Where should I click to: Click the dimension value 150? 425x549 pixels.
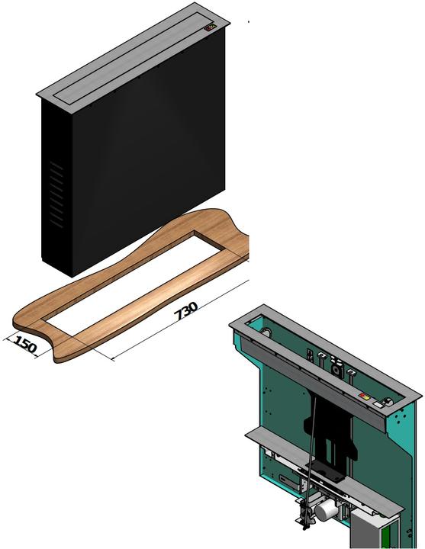(25, 345)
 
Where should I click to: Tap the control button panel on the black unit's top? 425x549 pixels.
(210, 28)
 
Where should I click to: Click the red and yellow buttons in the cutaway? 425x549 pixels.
(365, 396)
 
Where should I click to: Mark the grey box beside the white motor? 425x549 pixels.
(366, 526)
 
